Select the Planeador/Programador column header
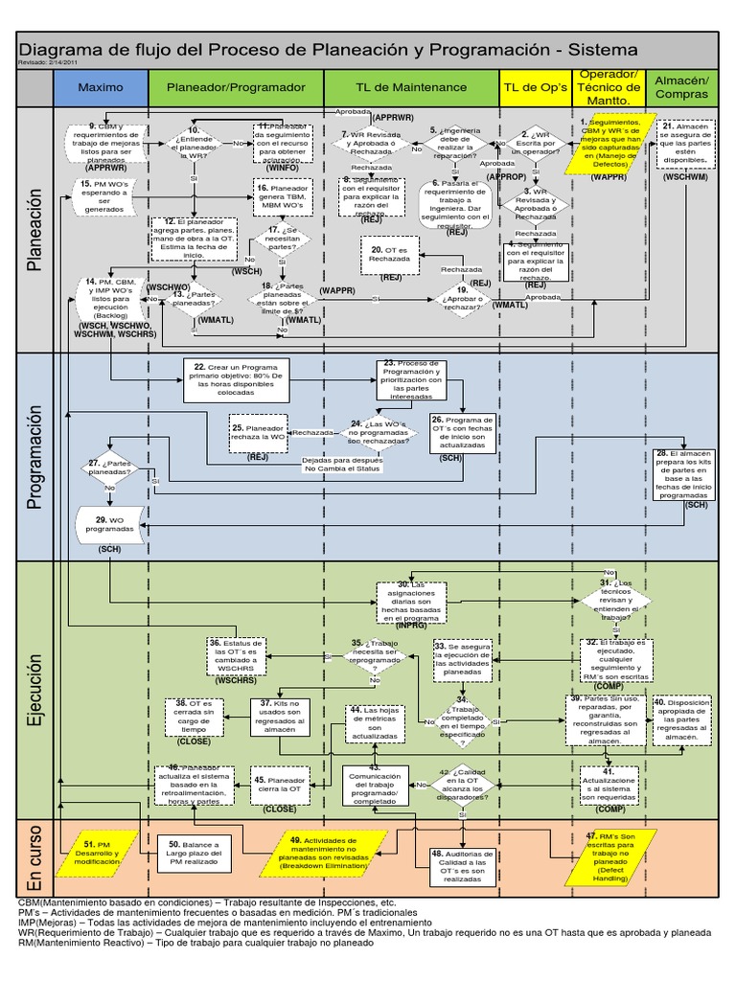pos(237,87)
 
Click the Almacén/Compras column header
pos(681,87)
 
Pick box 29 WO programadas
pos(108,524)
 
